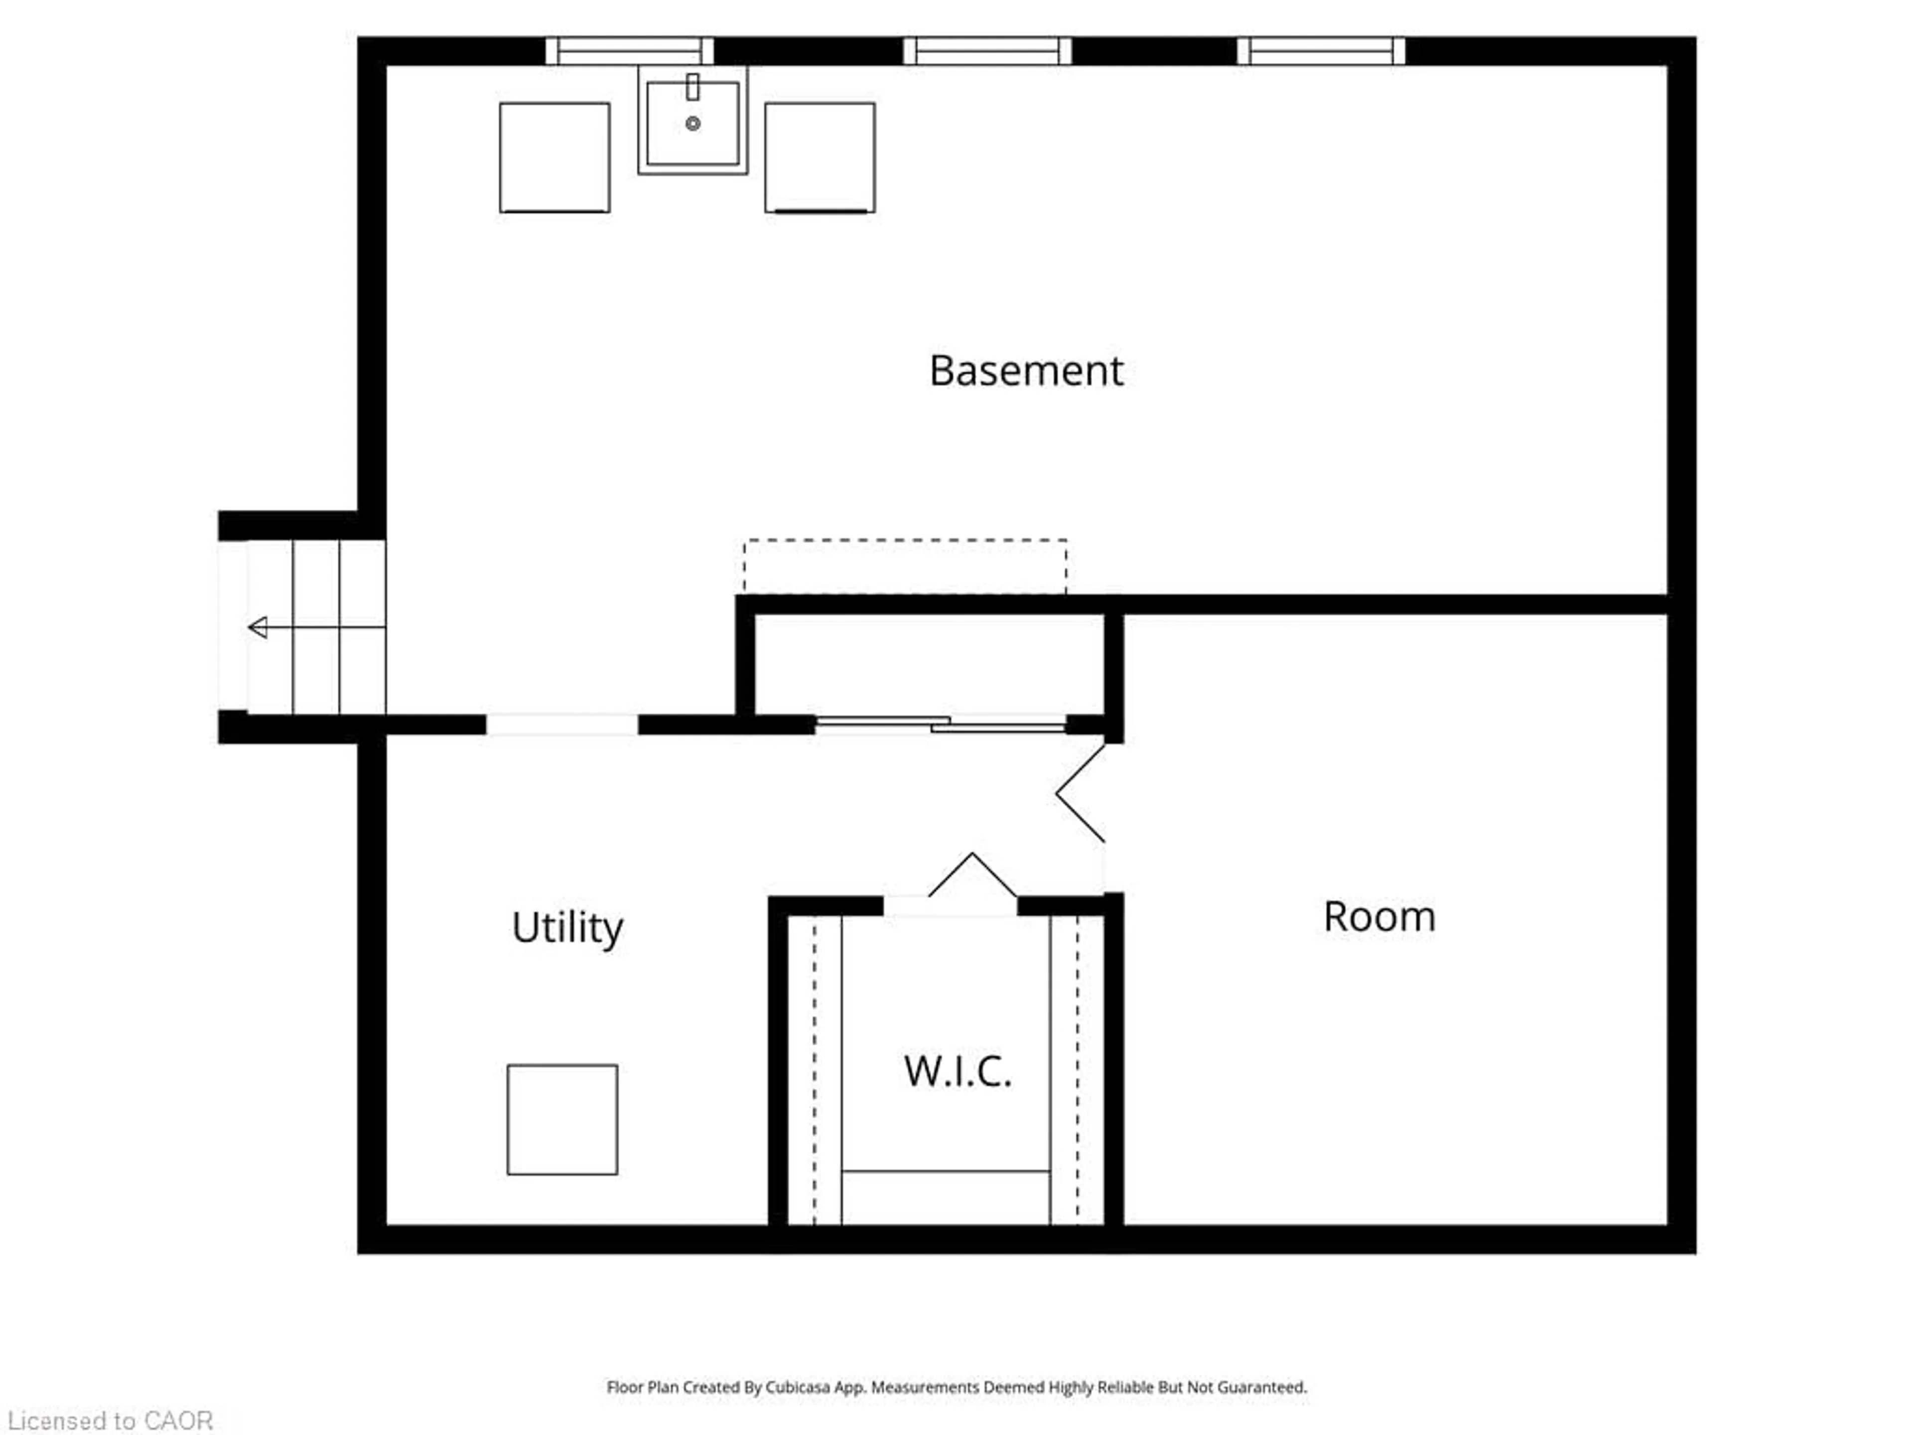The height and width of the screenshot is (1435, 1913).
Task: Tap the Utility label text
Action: (x=567, y=928)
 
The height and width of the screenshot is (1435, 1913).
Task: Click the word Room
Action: (x=1379, y=917)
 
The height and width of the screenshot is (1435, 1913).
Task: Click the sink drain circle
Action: (x=693, y=124)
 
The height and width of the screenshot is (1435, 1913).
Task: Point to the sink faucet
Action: (x=693, y=87)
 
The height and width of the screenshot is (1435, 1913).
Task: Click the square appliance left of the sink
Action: (x=554, y=157)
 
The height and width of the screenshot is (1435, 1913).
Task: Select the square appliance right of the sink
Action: (x=820, y=157)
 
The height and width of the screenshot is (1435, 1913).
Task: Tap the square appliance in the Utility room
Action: (x=562, y=1119)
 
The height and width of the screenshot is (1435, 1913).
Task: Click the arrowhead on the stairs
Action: (x=258, y=627)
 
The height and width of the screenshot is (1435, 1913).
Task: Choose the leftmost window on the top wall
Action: (x=630, y=51)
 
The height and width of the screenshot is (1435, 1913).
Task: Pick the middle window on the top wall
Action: (x=987, y=51)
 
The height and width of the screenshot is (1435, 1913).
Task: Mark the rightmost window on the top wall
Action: (x=1322, y=51)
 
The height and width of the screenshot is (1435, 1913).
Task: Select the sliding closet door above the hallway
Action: (x=941, y=725)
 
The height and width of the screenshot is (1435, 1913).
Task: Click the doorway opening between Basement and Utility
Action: (x=562, y=725)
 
